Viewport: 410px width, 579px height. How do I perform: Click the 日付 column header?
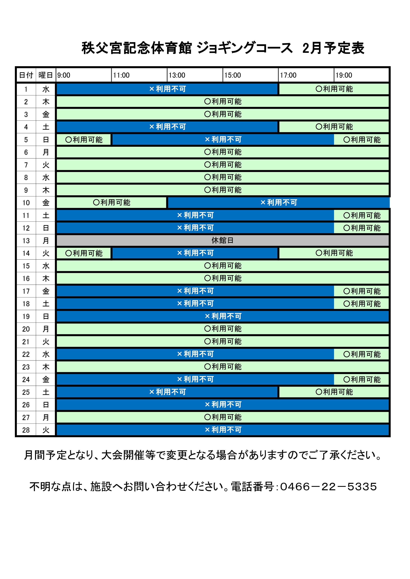point(26,75)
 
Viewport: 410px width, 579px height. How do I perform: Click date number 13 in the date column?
point(26,241)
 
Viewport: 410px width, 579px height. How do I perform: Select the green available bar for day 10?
point(111,203)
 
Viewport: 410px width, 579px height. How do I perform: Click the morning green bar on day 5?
point(84,140)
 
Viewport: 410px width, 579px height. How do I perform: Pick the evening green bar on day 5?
point(362,140)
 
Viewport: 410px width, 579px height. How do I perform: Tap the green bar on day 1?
point(334,89)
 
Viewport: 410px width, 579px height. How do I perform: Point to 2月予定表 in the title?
point(333,48)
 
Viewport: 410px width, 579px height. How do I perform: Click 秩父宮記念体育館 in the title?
point(136,48)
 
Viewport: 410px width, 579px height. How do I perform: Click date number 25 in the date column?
point(26,392)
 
